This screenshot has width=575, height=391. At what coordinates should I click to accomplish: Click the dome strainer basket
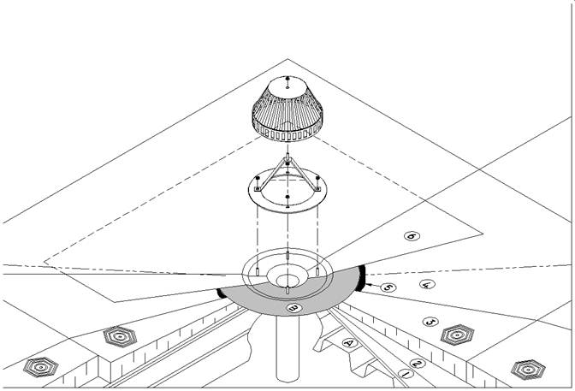(x=287, y=110)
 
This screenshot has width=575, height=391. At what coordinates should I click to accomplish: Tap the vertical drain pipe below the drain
(x=287, y=348)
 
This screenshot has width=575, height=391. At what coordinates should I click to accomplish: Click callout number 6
(x=412, y=236)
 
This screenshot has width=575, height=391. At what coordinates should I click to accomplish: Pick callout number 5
(x=388, y=287)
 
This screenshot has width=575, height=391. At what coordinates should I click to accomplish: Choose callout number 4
(x=427, y=284)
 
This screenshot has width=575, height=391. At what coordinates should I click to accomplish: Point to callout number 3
(x=430, y=322)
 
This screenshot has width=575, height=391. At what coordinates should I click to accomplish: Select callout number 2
(x=418, y=364)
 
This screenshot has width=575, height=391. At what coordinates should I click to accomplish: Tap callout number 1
(x=406, y=374)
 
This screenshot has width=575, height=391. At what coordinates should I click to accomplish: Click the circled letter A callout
(x=349, y=343)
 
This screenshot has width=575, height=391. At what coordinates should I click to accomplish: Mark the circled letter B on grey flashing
(x=294, y=308)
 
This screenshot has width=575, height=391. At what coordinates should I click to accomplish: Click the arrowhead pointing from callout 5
(x=368, y=284)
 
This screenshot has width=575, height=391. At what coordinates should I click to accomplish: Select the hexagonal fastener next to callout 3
(x=457, y=335)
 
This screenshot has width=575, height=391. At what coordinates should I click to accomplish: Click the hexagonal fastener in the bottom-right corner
(x=528, y=370)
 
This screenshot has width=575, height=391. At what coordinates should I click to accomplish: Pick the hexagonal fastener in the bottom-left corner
(x=41, y=367)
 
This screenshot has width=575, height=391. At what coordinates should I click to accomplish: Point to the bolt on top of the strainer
(x=287, y=79)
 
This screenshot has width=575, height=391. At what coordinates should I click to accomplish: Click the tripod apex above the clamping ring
(x=287, y=158)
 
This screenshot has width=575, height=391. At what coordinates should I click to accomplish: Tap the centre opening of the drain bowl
(x=287, y=281)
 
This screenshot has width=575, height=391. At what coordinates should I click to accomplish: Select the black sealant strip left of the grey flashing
(x=220, y=293)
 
